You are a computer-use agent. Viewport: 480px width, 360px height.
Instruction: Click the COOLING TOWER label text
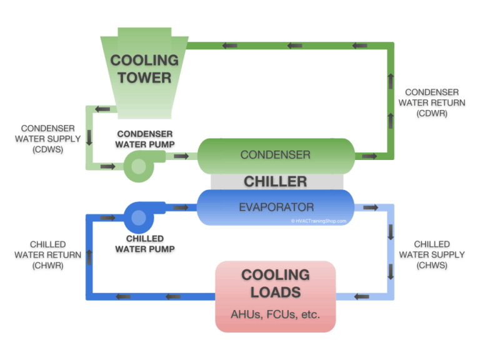(144, 69)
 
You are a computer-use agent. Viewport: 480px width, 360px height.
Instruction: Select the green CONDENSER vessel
(276, 155)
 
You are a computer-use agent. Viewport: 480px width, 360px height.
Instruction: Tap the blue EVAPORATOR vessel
(276, 207)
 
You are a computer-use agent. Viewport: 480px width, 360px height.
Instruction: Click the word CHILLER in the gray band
(276, 182)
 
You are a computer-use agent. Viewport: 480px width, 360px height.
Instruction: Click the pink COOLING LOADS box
(276, 296)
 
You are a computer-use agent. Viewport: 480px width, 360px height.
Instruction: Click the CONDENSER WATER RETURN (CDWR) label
(431, 103)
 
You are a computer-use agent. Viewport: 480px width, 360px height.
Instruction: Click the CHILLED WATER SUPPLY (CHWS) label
(432, 255)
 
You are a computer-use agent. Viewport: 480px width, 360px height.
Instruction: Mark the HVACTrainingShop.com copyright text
(318, 221)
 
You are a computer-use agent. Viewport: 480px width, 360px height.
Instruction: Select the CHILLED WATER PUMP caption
(145, 244)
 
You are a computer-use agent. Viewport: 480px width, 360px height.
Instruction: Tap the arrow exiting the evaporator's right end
(369, 207)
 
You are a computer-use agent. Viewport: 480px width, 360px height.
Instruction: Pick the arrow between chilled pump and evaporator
(181, 207)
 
